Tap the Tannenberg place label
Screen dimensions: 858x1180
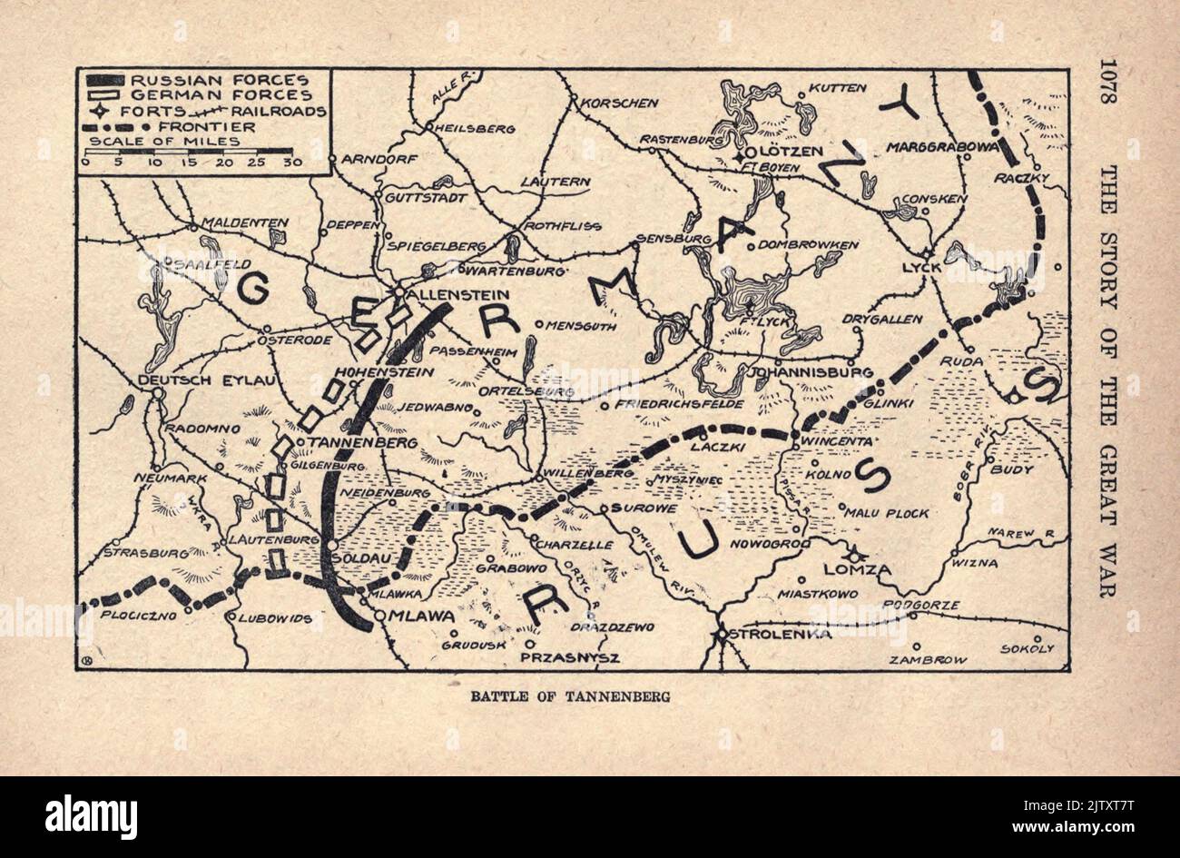click(363, 442)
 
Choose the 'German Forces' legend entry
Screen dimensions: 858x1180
click(221, 95)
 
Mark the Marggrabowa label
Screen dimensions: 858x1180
click(942, 146)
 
